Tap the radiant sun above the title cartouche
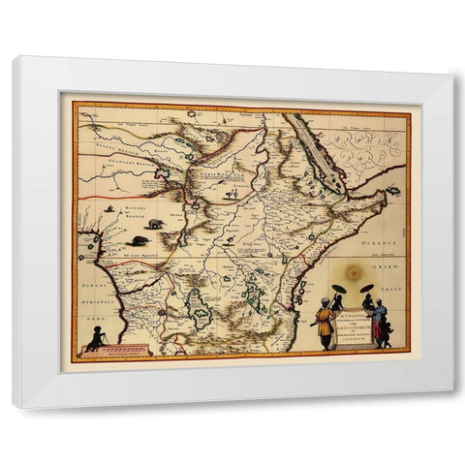click(x=354, y=273)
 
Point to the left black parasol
click(x=342, y=289)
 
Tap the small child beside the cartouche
click(x=387, y=334)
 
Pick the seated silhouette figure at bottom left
click(x=96, y=339)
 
